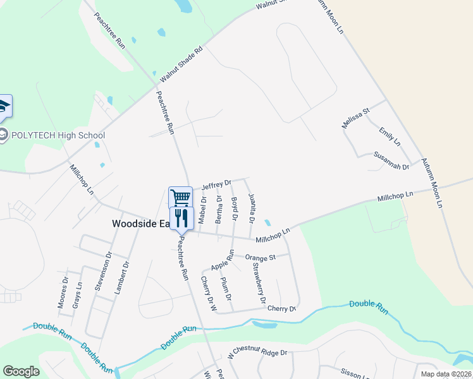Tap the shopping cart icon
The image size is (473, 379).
(x=181, y=197)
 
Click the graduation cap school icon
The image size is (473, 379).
(x=4, y=107)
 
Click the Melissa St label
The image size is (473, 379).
(x=355, y=118)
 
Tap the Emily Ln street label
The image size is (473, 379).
(x=390, y=137)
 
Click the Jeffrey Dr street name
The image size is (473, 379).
(x=216, y=184)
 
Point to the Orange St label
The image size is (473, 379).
(x=261, y=258)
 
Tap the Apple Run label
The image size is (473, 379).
(x=223, y=260)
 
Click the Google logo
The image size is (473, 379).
(x=21, y=371)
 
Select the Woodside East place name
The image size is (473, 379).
(x=139, y=224)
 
